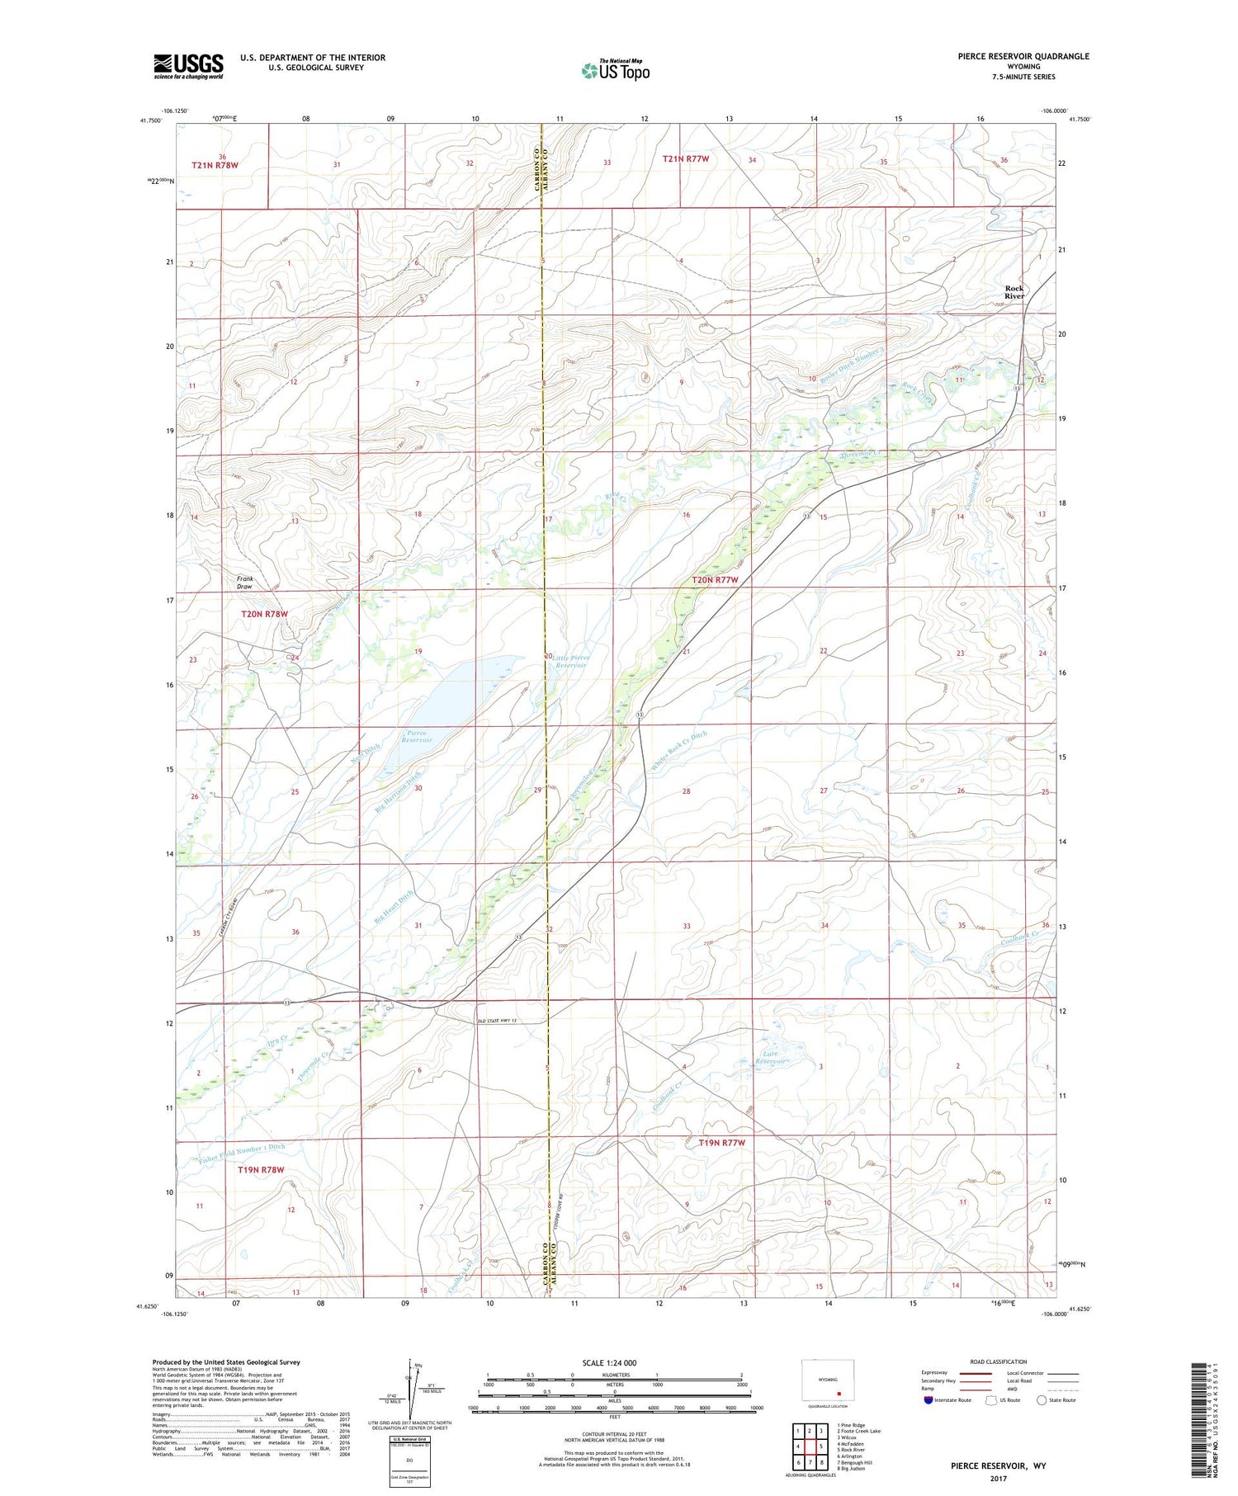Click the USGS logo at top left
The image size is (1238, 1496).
pyautogui.click(x=188, y=66)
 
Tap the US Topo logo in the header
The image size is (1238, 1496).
pyautogui.click(x=616, y=70)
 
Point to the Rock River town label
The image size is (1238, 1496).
pyautogui.click(x=1014, y=292)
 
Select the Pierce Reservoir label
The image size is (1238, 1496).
pyautogui.click(x=417, y=736)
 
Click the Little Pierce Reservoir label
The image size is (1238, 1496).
pyautogui.click(x=570, y=661)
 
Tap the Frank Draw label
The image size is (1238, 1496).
pyautogui.click(x=245, y=583)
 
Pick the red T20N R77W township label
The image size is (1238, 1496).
pyautogui.click(x=714, y=580)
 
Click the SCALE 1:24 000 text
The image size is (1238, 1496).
pyautogui.click(x=609, y=1362)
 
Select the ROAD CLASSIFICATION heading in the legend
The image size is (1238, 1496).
pyautogui.click(x=999, y=1362)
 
